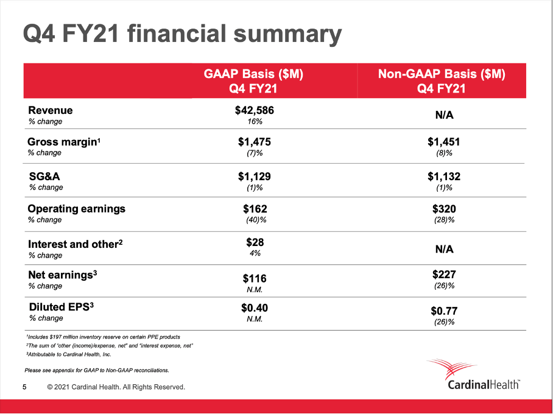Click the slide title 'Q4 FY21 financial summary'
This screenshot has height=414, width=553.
tap(181, 33)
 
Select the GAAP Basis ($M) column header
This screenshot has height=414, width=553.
tap(253, 81)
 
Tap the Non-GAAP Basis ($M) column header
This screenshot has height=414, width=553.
tap(442, 81)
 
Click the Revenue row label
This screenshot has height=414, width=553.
tap(51, 110)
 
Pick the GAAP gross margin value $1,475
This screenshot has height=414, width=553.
tap(255, 142)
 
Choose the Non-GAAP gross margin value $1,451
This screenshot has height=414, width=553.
tap(443, 142)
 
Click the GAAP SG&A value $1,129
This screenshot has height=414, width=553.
tap(255, 177)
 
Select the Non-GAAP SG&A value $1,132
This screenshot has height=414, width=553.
tap(443, 177)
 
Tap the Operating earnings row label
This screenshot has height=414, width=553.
tap(77, 208)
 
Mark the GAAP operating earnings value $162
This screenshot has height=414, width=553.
tap(255, 209)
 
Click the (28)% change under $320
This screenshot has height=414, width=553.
tap(443, 220)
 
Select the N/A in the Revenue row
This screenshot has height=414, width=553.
tap(443, 115)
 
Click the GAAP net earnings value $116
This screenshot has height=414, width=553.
tap(255, 278)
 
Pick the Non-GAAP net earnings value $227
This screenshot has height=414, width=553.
tap(443, 274)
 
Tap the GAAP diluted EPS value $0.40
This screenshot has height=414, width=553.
tap(255, 308)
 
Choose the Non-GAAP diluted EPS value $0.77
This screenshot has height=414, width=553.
tap(443, 310)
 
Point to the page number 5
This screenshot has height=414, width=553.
tap(24, 387)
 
